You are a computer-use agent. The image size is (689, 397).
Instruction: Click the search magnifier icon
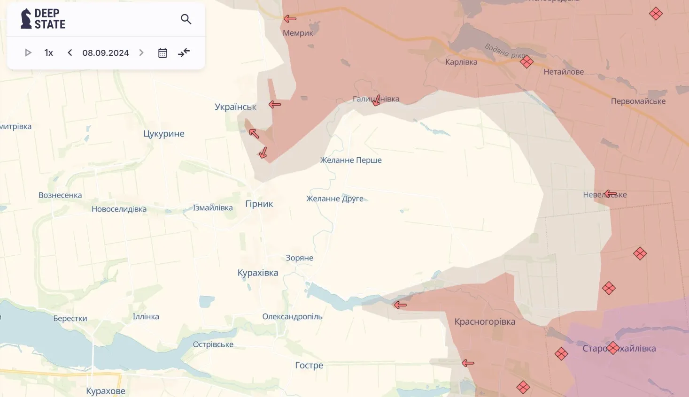186,19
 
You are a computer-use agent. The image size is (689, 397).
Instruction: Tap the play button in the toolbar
28,53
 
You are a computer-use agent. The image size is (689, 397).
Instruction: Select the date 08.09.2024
106,53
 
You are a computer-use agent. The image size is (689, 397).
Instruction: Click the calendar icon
163,53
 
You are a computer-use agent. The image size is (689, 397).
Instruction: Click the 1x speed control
49,53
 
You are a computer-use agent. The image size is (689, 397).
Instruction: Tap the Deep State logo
43,19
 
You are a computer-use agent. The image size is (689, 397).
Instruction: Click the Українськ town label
235,107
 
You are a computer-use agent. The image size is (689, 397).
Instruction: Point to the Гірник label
259,204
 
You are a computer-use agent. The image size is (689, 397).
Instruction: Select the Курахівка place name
258,273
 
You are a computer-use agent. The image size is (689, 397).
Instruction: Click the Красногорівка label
485,322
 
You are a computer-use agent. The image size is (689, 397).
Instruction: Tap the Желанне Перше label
351,160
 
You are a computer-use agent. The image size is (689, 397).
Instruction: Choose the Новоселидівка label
119,209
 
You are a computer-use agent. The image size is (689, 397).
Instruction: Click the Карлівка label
461,62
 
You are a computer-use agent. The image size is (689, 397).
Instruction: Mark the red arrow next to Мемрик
290,19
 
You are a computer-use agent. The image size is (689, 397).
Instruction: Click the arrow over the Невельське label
611,194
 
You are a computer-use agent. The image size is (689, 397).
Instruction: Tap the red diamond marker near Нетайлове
526,62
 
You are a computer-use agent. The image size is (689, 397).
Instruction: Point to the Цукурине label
164,134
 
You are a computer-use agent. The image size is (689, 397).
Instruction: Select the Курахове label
106,391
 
